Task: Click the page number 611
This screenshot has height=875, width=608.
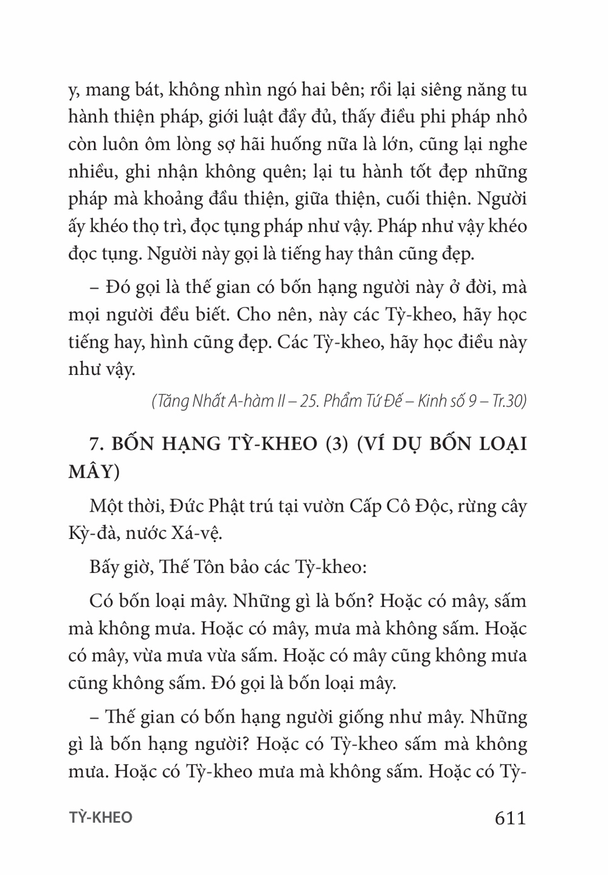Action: tap(510, 818)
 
